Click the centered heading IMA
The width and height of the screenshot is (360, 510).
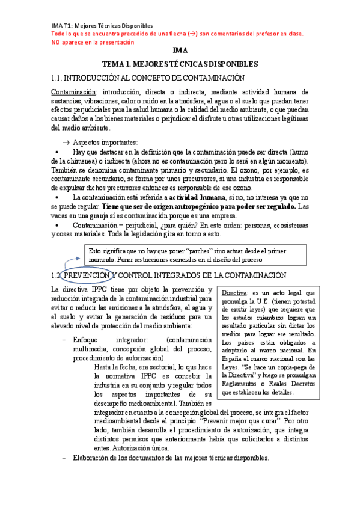180,51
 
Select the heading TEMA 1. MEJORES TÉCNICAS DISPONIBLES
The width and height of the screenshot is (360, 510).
180,64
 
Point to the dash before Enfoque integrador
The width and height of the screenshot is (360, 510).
64,340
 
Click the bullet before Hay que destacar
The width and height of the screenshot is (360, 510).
57,153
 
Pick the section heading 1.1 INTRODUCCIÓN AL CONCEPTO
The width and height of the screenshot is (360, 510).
148,78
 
